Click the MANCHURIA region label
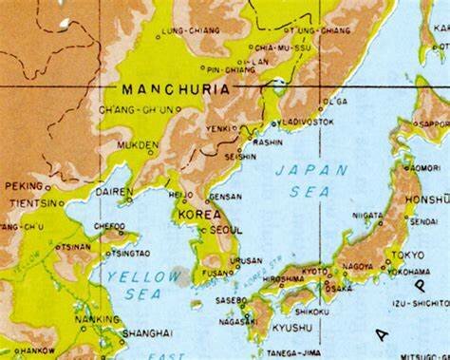[x=175, y=89]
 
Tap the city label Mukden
[x=138, y=145]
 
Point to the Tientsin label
[x=30, y=202]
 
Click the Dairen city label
[x=114, y=191]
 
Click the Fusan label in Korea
[x=217, y=273]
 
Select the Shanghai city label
[x=147, y=333]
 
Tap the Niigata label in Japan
[x=368, y=216]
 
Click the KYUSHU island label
[x=292, y=328]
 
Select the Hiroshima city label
[x=283, y=279]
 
